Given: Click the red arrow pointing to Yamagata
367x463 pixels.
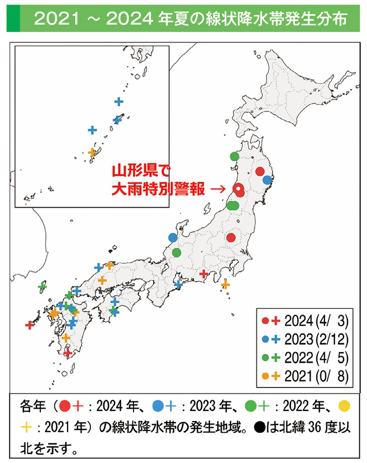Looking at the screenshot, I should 217,189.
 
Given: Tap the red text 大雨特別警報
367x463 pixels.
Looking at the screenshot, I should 158,189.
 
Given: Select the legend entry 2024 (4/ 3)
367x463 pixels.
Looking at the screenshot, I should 304,321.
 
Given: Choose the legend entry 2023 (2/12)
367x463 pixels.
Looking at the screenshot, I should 304,339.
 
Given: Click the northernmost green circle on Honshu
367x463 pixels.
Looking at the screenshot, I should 234,157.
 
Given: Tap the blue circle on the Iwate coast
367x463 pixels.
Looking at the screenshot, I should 268,180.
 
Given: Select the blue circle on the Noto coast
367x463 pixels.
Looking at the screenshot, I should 173,237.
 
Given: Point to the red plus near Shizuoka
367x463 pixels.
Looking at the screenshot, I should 204,274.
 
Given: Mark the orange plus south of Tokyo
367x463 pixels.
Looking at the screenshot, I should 225,284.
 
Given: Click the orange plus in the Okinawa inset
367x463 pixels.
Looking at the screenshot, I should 93,152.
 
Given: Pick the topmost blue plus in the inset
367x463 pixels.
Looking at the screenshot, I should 118,101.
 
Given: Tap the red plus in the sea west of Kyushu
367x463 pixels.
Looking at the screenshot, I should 30,325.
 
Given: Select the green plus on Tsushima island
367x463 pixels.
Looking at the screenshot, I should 41,287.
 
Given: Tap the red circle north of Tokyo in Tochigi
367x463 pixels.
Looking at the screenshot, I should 231,237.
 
